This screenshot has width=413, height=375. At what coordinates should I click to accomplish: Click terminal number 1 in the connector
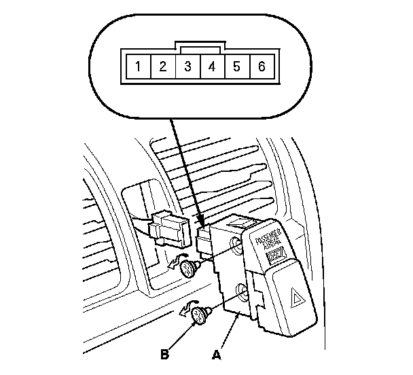coord(139,67)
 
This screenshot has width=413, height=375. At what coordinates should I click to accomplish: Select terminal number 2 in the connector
coord(163,67)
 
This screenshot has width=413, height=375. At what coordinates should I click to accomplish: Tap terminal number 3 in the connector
coord(187,67)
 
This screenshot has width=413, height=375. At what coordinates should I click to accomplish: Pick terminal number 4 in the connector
coord(211,67)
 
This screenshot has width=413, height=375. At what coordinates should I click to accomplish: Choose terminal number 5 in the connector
coord(236,67)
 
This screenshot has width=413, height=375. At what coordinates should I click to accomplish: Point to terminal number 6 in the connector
coord(260,67)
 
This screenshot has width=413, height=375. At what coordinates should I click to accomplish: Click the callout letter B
coord(164,353)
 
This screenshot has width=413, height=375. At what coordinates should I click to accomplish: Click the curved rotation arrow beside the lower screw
coord(185,310)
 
